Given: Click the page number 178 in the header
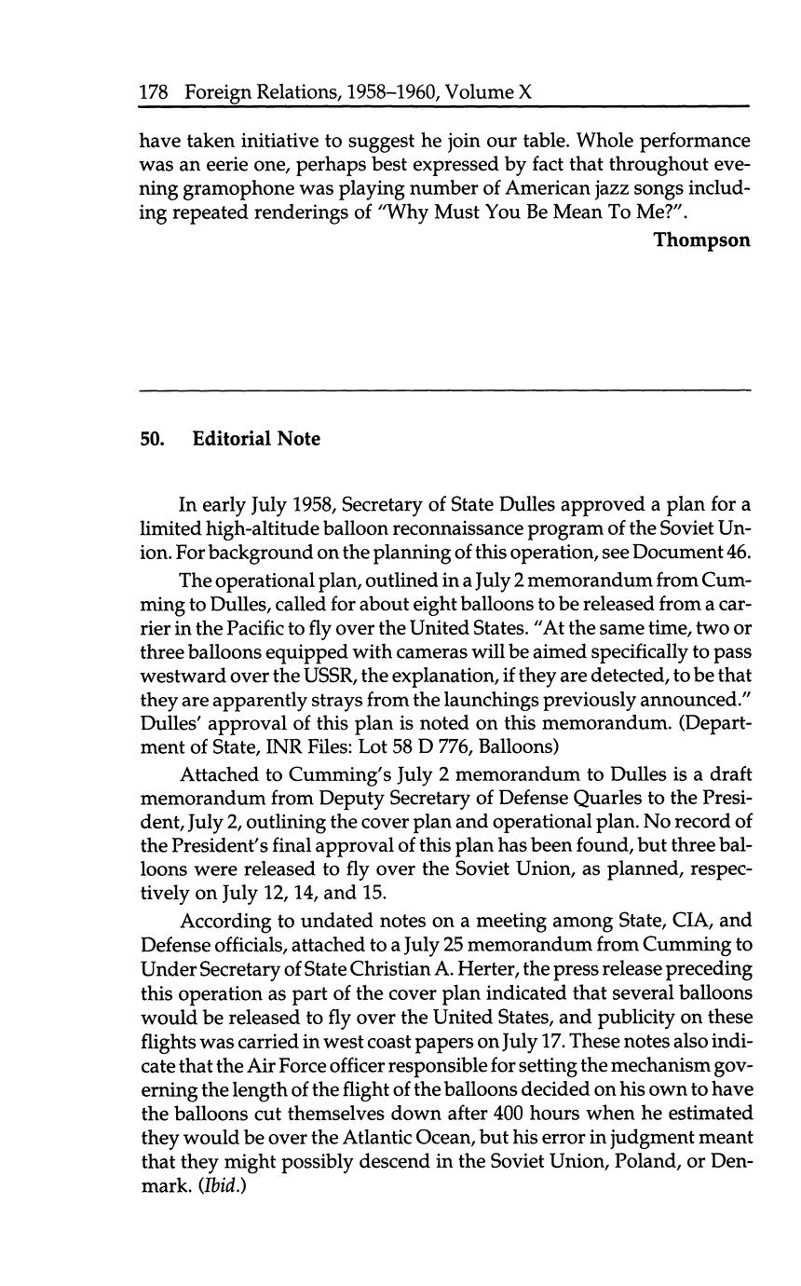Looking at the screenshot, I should pyautogui.click(x=154, y=92).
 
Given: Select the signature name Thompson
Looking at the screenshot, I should pyautogui.click(x=700, y=240).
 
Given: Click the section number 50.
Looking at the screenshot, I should pyautogui.click(x=152, y=439).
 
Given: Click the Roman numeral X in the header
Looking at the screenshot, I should pyautogui.click(x=524, y=92).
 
